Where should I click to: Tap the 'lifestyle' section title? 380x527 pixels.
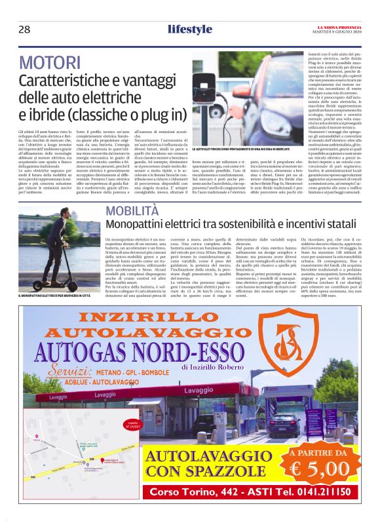click(189, 29)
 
